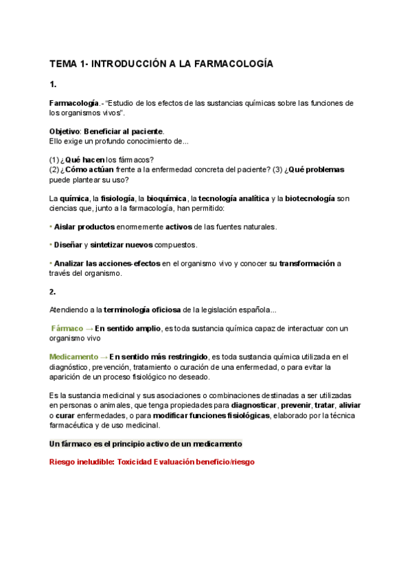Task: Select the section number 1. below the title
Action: pyautogui.click(x=53, y=84)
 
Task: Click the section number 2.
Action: pyautogui.click(x=53, y=290)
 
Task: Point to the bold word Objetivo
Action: pyautogui.click(x=65, y=131)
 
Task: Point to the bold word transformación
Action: pyautogui.click(x=307, y=263)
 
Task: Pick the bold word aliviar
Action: pyautogui.click(x=348, y=406)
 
